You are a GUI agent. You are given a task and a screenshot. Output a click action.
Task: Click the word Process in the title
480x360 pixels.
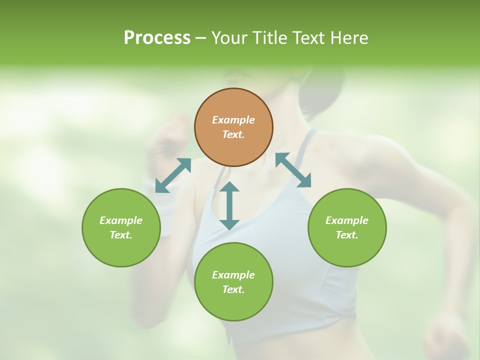click(x=157, y=38)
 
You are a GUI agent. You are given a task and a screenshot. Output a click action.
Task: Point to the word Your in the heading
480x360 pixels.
click(x=228, y=38)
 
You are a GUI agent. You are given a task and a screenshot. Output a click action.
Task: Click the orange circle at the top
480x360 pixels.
click(x=233, y=127)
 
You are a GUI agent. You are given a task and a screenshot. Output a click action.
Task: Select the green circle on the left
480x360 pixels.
click(x=121, y=227)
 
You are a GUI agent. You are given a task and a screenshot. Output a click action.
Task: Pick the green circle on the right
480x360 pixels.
click(x=347, y=227)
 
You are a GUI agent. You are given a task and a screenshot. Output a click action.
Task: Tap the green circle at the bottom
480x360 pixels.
click(x=233, y=282)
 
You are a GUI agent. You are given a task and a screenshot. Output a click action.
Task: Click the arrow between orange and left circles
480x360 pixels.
click(x=173, y=175)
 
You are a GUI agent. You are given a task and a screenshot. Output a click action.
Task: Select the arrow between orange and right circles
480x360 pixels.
click(x=293, y=170)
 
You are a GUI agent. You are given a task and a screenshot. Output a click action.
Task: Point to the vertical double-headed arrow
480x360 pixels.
click(x=229, y=205)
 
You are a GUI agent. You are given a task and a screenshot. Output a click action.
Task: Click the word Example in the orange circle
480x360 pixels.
click(x=233, y=120)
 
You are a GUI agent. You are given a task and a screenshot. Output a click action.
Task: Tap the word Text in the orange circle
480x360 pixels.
click(x=233, y=134)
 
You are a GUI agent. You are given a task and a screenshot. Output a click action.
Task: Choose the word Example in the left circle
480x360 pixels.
click(x=121, y=220)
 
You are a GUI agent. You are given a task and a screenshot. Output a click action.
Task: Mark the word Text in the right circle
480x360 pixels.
click(x=347, y=235)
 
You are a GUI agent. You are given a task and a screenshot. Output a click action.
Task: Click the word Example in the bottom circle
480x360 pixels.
click(x=233, y=275)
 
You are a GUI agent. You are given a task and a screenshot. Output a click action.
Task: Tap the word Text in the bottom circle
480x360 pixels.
click(x=233, y=289)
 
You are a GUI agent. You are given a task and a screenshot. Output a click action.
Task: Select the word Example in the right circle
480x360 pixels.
click(x=347, y=220)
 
